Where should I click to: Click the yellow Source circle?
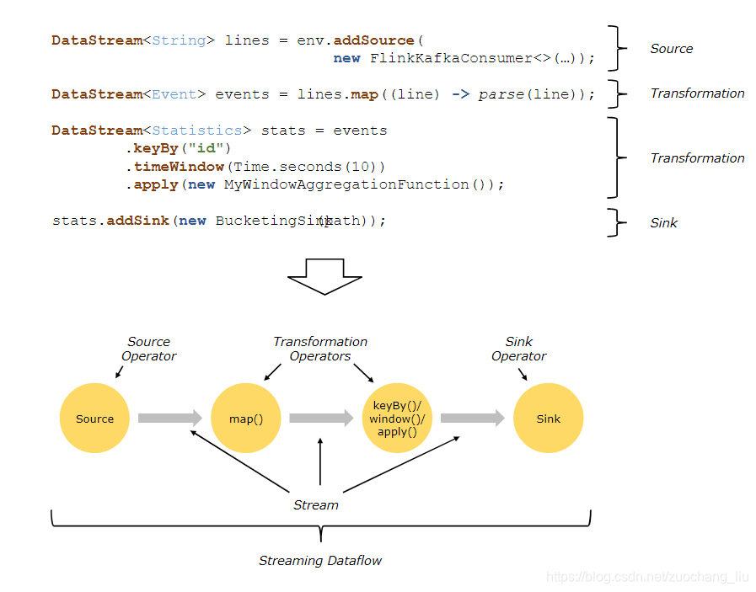coord(94,419)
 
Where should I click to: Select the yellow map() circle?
coord(246,419)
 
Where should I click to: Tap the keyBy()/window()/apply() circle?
coord(397,419)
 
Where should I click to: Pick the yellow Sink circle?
coord(548,419)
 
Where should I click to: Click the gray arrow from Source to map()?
coord(170,418)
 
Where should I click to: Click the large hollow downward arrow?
coord(324,276)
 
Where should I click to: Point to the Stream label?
coord(315,505)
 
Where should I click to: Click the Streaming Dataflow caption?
coord(320,561)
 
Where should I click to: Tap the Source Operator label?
coord(148,349)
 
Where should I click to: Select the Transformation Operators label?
coord(320,349)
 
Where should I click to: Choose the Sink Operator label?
coord(519,349)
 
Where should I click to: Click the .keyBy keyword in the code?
coord(153,148)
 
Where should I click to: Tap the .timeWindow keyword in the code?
coord(174,167)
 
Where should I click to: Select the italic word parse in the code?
coord(501,94)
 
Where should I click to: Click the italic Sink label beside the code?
coord(663,223)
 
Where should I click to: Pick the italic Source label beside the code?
coord(671,49)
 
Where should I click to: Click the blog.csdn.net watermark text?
coord(647,577)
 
